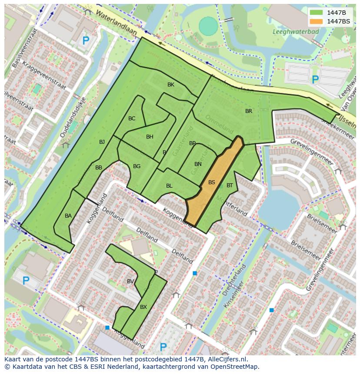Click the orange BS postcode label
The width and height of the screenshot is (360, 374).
click(x=211, y=182)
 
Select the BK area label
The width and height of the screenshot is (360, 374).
click(x=171, y=85)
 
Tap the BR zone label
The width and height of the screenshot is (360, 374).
click(x=249, y=111)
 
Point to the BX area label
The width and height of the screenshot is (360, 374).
click(x=143, y=307)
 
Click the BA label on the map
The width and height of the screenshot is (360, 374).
click(x=68, y=216)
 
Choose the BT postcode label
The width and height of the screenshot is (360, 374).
click(x=230, y=185)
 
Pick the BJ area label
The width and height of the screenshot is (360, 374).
click(x=102, y=142)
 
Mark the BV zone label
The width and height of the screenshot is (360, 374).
click(x=130, y=281)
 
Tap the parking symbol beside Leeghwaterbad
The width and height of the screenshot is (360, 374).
click(x=315, y=79)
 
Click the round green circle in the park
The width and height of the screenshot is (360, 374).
click(x=208, y=26)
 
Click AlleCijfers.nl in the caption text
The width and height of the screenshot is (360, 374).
click(x=226, y=359)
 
